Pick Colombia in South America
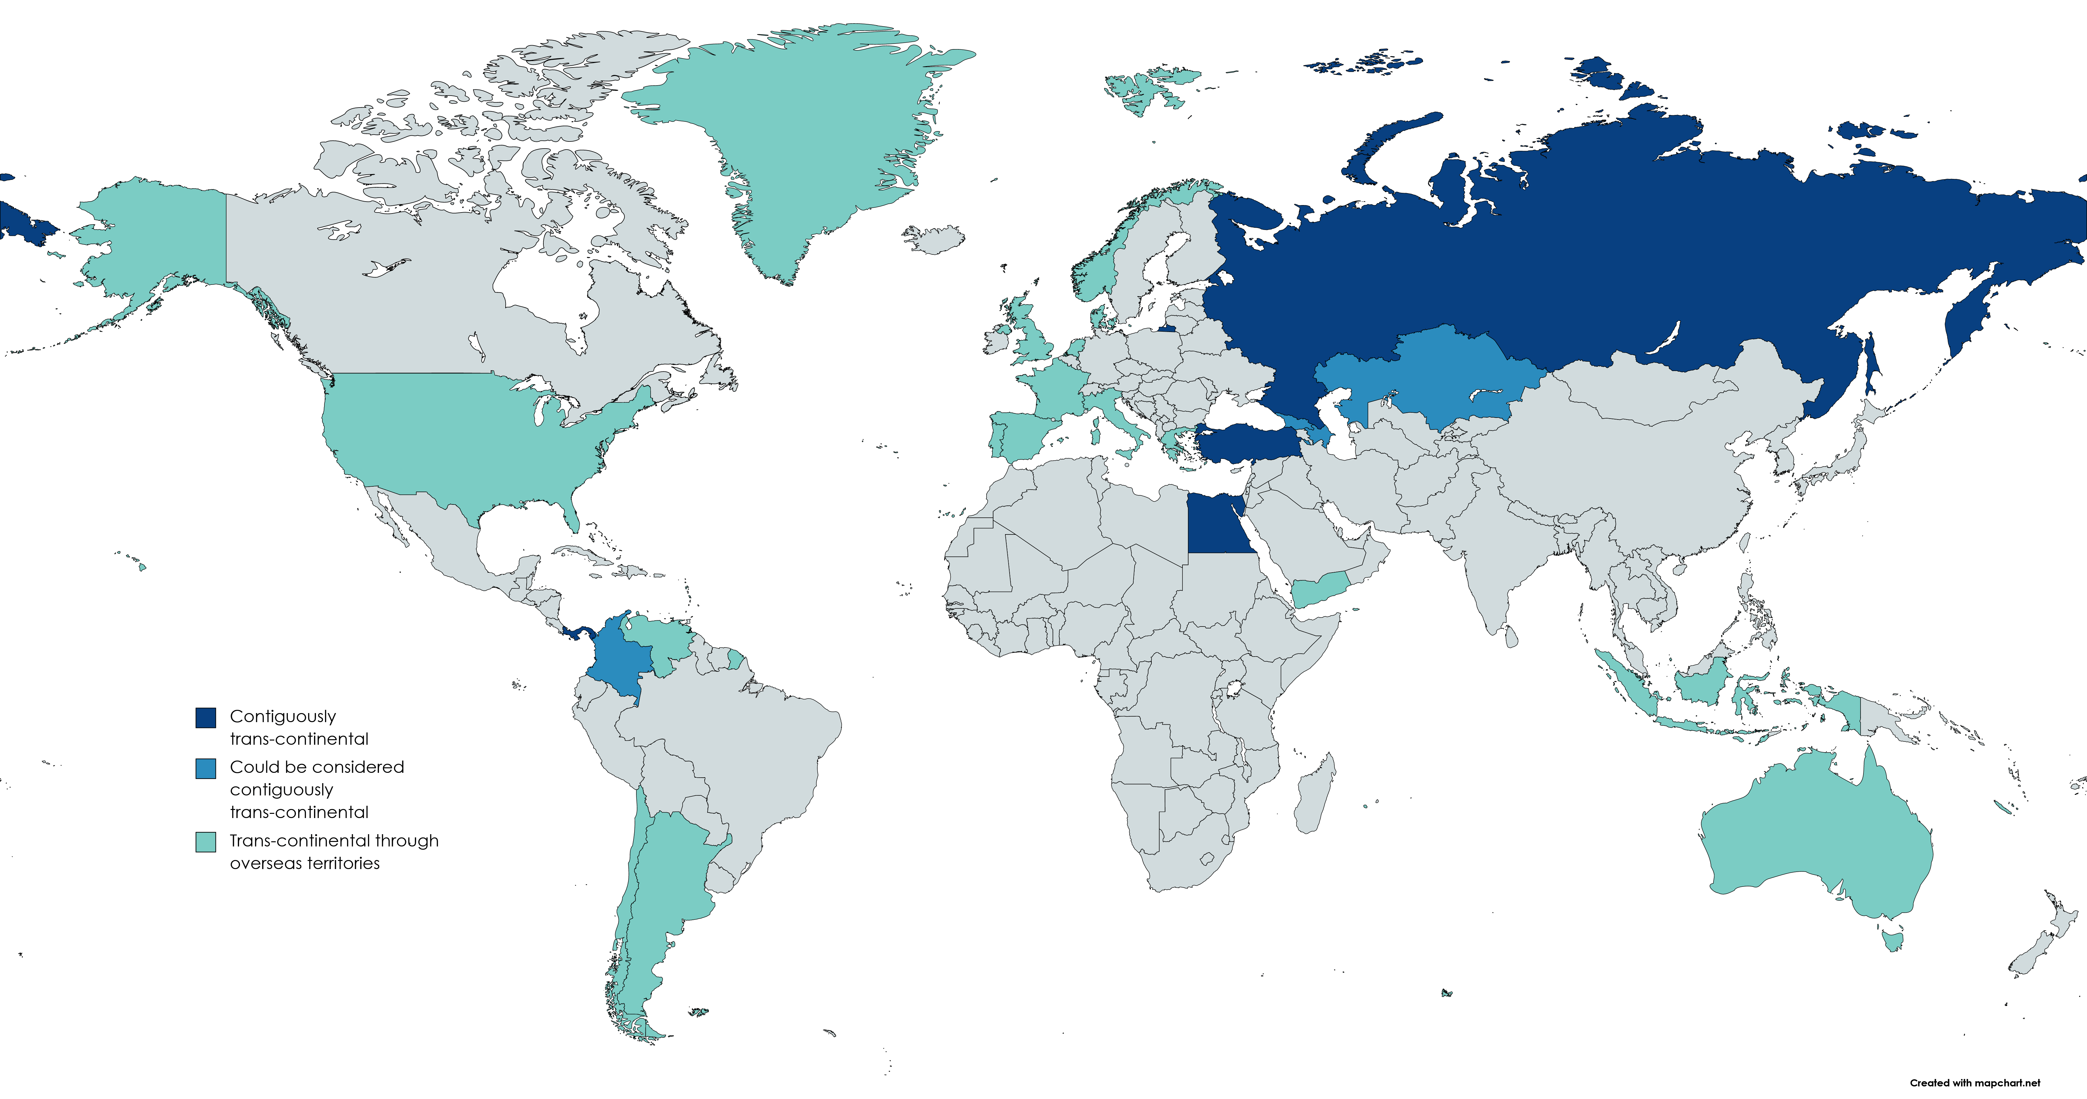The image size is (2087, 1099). [x=620, y=660]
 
